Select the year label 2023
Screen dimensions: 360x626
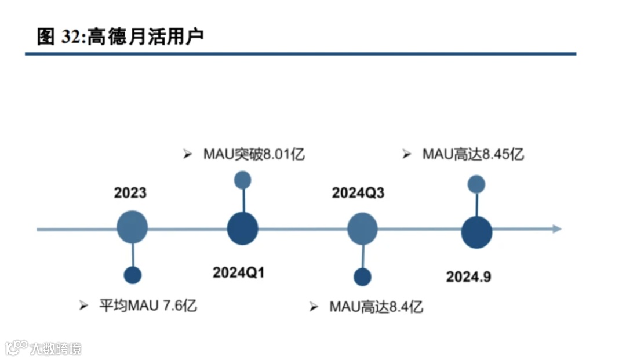pos(130,192)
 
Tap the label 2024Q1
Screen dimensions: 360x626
pos(238,272)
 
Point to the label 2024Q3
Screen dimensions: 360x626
pos(358,192)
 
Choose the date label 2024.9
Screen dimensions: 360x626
pos(468,277)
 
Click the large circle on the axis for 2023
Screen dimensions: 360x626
pos(132,227)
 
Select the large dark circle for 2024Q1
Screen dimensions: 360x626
pos(242,229)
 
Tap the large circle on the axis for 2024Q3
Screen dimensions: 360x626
pos(363,228)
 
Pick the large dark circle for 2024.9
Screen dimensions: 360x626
pos(476,232)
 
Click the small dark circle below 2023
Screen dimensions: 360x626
pos(133,275)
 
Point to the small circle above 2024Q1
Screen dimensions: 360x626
pos(242,180)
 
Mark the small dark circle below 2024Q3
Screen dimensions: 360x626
pos(363,277)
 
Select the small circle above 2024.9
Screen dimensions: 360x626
pos(476,184)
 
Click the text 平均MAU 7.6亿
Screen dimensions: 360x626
pos(148,305)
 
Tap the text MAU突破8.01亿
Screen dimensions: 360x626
pos(254,154)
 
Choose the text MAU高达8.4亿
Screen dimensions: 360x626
pos(376,306)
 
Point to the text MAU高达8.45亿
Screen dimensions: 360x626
pos(473,154)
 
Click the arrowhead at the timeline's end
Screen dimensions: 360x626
pos(556,229)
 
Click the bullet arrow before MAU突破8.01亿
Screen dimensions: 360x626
pos(187,154)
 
